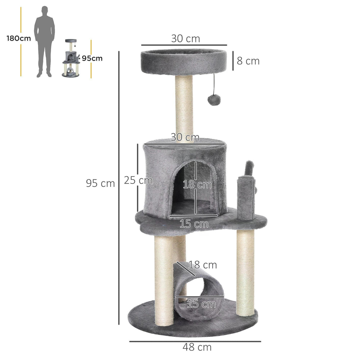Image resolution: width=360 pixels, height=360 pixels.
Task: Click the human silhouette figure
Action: pos(44,42)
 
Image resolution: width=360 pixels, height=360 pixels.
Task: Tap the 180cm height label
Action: pos(19,39)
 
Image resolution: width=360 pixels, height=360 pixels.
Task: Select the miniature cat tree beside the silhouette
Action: pos(71,59)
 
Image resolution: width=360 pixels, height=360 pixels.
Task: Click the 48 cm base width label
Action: pos(197,347)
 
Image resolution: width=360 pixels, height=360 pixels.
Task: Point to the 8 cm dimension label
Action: pos(248,61)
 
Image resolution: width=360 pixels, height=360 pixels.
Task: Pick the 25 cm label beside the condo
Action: pos(138,180)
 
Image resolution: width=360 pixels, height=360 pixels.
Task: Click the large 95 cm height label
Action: pos(100,183)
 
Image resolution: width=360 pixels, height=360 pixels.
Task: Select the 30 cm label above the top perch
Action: pos(185,39)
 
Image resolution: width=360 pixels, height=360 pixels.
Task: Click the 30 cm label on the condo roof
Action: pos(185,137)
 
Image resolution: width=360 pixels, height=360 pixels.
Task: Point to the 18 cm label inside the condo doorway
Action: pos(197,184)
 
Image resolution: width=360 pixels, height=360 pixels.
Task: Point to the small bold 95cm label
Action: pos(92,58)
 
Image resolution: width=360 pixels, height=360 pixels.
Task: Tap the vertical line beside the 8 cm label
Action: pos(233,60)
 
